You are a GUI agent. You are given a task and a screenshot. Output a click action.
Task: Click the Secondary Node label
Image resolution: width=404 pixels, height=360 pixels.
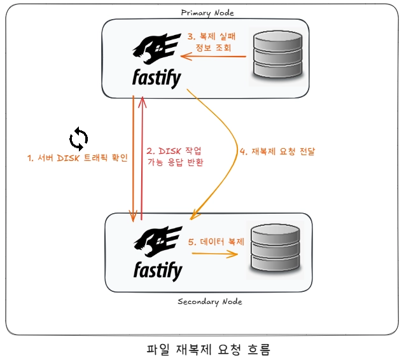coord(209,301)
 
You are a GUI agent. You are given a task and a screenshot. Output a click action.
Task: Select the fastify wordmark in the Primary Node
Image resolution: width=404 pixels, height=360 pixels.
coord(157,79)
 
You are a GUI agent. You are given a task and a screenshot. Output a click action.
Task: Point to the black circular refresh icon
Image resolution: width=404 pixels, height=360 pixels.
coord(79,138)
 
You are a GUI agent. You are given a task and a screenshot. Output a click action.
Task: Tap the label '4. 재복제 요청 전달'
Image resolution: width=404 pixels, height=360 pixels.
coord(277,152)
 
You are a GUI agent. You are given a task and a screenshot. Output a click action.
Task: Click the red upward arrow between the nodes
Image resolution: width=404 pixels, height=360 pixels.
coord(142,159)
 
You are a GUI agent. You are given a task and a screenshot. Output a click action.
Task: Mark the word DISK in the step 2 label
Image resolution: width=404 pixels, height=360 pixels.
coord(169,151)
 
